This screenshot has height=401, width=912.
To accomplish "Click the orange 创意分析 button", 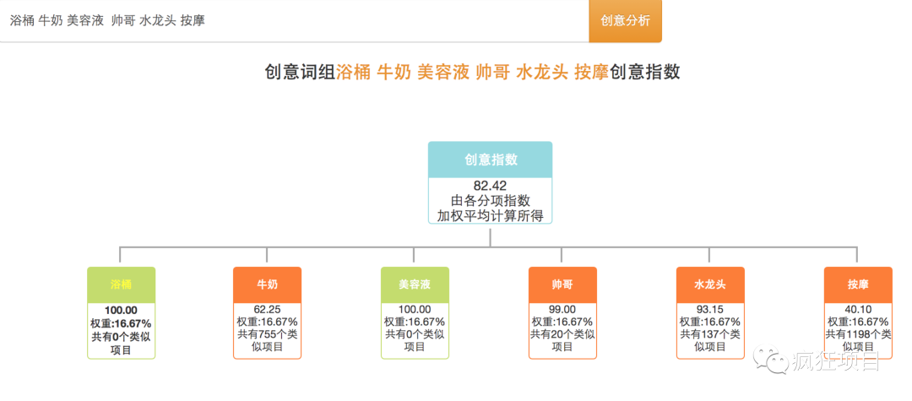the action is point(625,21).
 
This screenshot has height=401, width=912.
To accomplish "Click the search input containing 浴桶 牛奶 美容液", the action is point(295,21).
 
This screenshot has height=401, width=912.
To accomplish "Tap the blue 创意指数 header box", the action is point(491,160).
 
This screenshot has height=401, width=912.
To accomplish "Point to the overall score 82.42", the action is point(491,186).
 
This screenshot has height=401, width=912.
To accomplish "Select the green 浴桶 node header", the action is point(122,284).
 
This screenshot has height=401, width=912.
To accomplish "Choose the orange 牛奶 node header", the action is point(267,284).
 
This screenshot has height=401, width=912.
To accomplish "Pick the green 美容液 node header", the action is point(415,284).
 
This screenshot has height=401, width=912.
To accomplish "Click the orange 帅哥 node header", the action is point(562,284).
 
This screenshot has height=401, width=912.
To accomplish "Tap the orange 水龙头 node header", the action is point(710,284).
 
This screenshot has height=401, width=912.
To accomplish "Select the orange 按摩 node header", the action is point(858,284).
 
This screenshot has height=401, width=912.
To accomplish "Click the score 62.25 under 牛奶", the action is point(268,310).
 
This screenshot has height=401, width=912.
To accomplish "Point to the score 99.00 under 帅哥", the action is point(562,310).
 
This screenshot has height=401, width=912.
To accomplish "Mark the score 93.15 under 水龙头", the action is point(710,310).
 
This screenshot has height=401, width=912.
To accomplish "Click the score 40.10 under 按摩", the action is point(858,310).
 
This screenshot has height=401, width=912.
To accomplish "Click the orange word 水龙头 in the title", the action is point(541,73).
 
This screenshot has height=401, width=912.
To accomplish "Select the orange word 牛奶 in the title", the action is point(394,73).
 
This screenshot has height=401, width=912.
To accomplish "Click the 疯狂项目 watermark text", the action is point(836,362).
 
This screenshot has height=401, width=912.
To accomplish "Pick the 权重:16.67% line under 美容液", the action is point(415,322).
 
